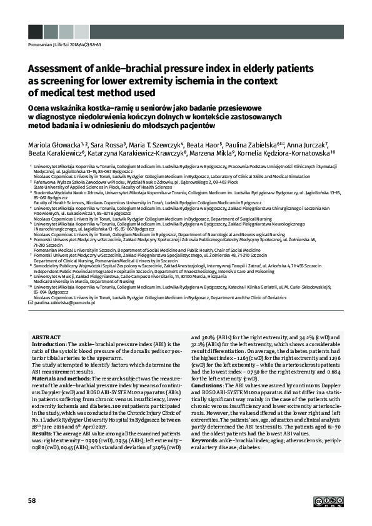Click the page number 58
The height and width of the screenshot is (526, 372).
(33, 500)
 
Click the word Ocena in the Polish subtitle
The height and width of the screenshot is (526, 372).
(41, 106)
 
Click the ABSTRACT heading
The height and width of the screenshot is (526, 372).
(46, 337)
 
